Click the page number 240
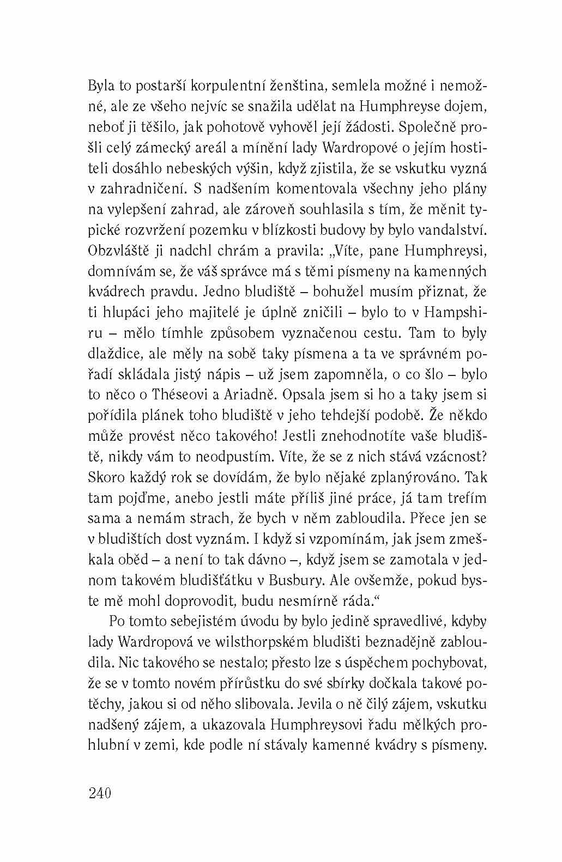[99, 792]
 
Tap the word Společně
[428, 128]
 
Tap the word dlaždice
[114, 354]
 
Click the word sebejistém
[213, 622]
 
